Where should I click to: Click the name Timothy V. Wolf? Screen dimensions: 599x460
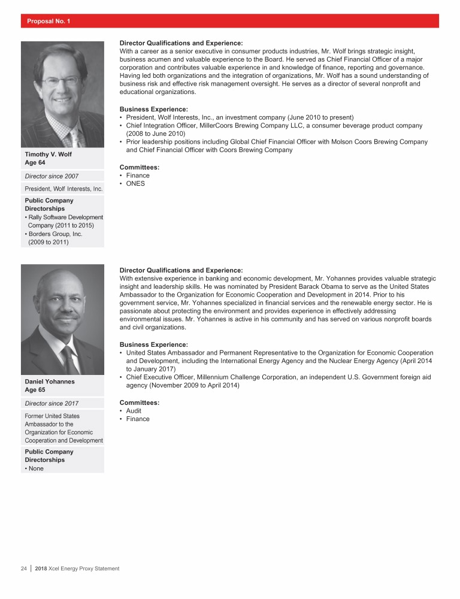47,153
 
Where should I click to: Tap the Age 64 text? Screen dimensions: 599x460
35,162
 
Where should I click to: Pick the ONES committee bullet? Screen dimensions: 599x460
135,184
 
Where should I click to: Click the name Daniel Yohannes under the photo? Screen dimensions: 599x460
49,381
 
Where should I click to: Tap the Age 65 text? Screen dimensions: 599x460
35,390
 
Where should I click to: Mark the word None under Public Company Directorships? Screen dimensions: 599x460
37,468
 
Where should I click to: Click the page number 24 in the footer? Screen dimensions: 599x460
25,568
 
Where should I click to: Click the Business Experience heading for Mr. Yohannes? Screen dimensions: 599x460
154,344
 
